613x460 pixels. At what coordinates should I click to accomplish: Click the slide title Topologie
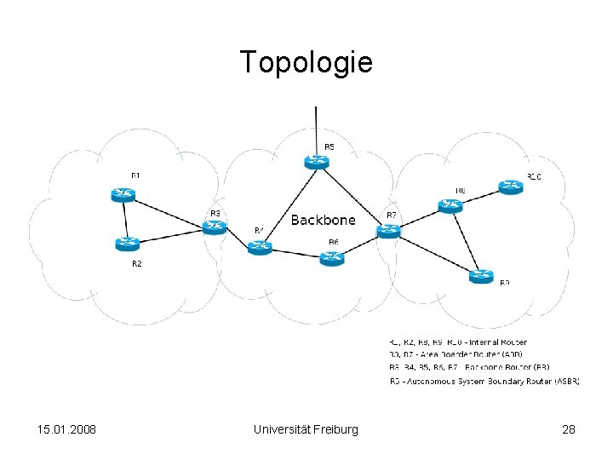tap(306, 62)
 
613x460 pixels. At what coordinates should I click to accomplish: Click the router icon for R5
tap(317, 162)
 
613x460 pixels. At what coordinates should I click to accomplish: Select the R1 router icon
tap(123, 194)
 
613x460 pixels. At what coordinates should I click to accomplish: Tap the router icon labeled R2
tap(127, 244)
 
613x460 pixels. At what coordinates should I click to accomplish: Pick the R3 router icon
tap(214, 227)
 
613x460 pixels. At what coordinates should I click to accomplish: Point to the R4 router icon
tap(259, 247)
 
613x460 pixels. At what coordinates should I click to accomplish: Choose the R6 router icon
tap(332, 257)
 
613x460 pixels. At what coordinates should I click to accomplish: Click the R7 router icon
tap(388, 230)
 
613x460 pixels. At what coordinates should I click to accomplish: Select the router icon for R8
tap(450, 205)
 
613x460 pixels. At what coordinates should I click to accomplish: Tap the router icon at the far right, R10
tap(511, 187)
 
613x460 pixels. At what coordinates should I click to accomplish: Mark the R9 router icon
tap(481, 276)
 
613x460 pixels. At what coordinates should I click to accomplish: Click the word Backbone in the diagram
tap(324, 221)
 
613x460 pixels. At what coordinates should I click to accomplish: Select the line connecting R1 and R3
tap(169, 210)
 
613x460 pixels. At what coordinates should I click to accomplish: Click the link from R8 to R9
tap(466, 241)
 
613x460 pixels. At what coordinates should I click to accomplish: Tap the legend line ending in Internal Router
tap(458, 342)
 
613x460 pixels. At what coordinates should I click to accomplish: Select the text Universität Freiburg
tap(306, 429)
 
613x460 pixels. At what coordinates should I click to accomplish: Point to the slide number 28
tap(569, 429)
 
